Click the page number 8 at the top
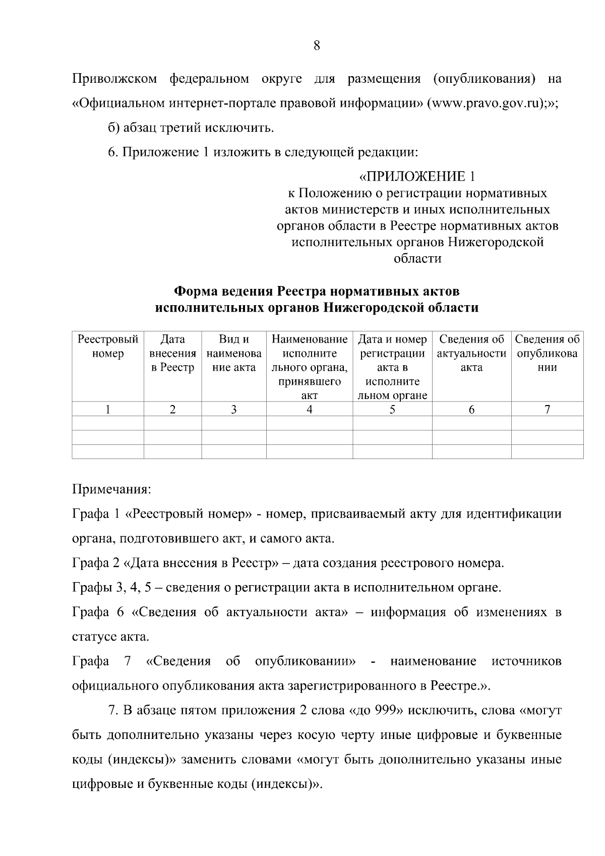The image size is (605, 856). click(317, 46)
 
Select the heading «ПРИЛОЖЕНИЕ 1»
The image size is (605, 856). click(417, 177)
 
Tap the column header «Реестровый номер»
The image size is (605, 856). click(108, 347)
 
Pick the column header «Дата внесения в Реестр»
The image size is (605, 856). click(172, 353)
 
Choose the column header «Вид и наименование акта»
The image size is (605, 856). click(234, 353)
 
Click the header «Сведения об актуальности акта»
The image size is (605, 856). click(471, 353)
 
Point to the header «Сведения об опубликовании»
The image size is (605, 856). click(547, 353)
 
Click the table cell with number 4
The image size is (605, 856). click(309, 410)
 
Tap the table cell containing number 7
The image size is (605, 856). click(547, 410)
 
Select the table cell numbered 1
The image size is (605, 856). click(108, 410)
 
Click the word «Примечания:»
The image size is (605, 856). click(112, 489)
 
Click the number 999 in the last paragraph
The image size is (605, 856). click(386, 711)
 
